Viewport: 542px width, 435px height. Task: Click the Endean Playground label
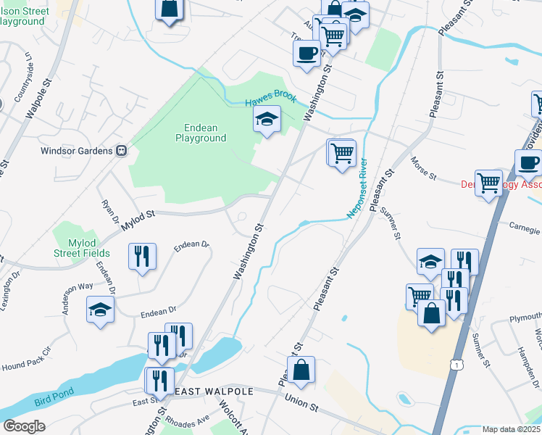(201, 133)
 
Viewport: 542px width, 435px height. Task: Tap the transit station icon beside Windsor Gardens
(122, 151)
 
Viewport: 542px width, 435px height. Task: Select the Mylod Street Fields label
(81, 248)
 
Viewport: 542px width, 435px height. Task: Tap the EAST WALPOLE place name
(213, 391)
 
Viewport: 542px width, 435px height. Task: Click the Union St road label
(301, 398)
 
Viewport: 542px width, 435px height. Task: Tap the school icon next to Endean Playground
(267, 119)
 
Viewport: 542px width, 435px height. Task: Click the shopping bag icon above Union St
(301, 370)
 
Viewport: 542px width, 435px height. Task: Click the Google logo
(24, 426)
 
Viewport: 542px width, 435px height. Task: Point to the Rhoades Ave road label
(187, 420)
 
